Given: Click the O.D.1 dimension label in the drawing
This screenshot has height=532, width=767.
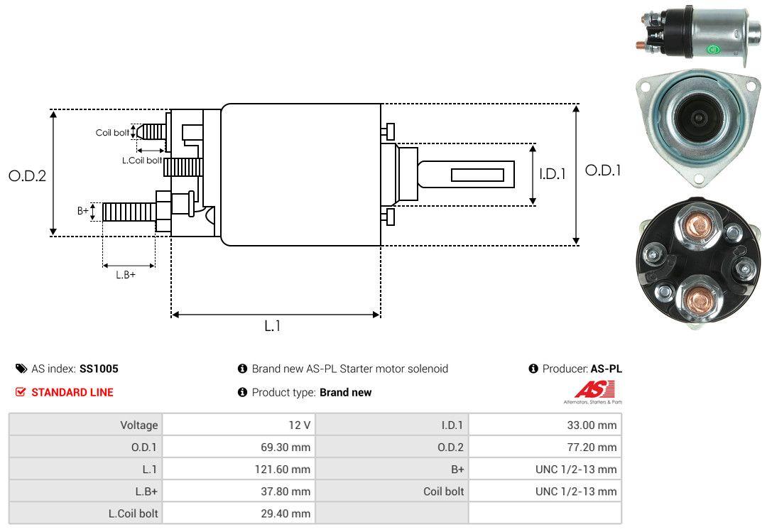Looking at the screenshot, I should pos(603,170).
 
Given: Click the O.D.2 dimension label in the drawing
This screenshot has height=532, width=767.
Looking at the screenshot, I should pos(27,175).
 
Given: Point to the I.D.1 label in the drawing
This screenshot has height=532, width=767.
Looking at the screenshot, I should pos(552,173).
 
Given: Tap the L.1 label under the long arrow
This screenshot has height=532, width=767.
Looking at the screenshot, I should pos(273,326).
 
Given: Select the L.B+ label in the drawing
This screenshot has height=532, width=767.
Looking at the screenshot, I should pos(126,275).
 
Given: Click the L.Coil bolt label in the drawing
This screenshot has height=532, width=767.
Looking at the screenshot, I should pos(141,161).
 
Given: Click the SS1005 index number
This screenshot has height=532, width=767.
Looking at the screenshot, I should pos(99,369).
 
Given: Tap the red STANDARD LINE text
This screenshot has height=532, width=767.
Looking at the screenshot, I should pos(72,392).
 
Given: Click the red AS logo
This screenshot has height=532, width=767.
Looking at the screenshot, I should pos(594,390).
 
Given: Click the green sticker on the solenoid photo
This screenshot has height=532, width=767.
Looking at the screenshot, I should pos(713,50).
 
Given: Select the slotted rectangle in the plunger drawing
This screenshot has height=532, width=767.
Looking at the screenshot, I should pos(477,175).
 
